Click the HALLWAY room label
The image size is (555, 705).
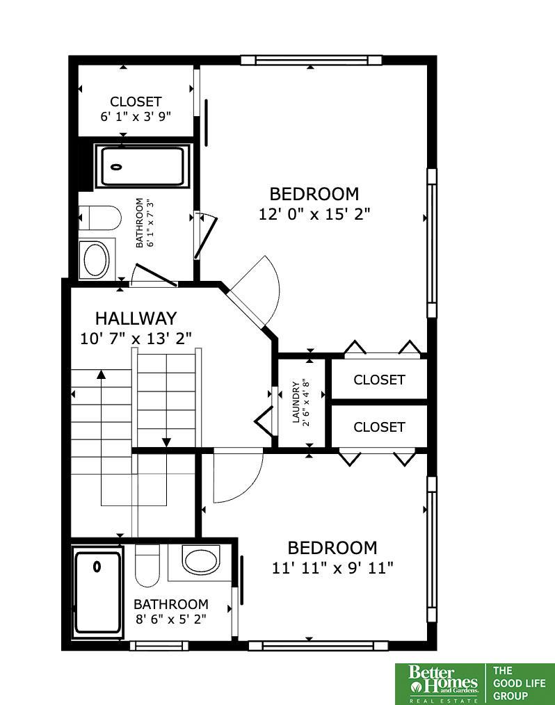point(136,318)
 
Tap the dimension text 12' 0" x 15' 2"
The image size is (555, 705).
point(314,214)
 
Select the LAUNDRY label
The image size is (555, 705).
point(296,403)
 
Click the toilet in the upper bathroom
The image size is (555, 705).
point(100,218)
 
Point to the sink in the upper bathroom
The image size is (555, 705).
point(96,260)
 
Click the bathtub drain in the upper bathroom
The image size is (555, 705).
point(116,168)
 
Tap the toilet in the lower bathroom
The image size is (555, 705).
point(147,565)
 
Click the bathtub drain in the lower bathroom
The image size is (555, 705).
point(96,567)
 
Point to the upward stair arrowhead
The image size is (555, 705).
point(102,374)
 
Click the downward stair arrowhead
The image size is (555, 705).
point(166,442)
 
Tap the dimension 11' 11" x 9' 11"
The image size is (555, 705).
point(332,568)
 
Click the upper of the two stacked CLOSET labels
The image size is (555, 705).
point(379,380)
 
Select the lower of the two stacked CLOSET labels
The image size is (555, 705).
point(379,427)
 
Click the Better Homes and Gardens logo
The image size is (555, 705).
point(442,683)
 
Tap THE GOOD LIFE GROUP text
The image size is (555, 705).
point(520,683)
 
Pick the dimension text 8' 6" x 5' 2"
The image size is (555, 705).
point(171,619)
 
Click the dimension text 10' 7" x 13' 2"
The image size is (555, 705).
point(136,338)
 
